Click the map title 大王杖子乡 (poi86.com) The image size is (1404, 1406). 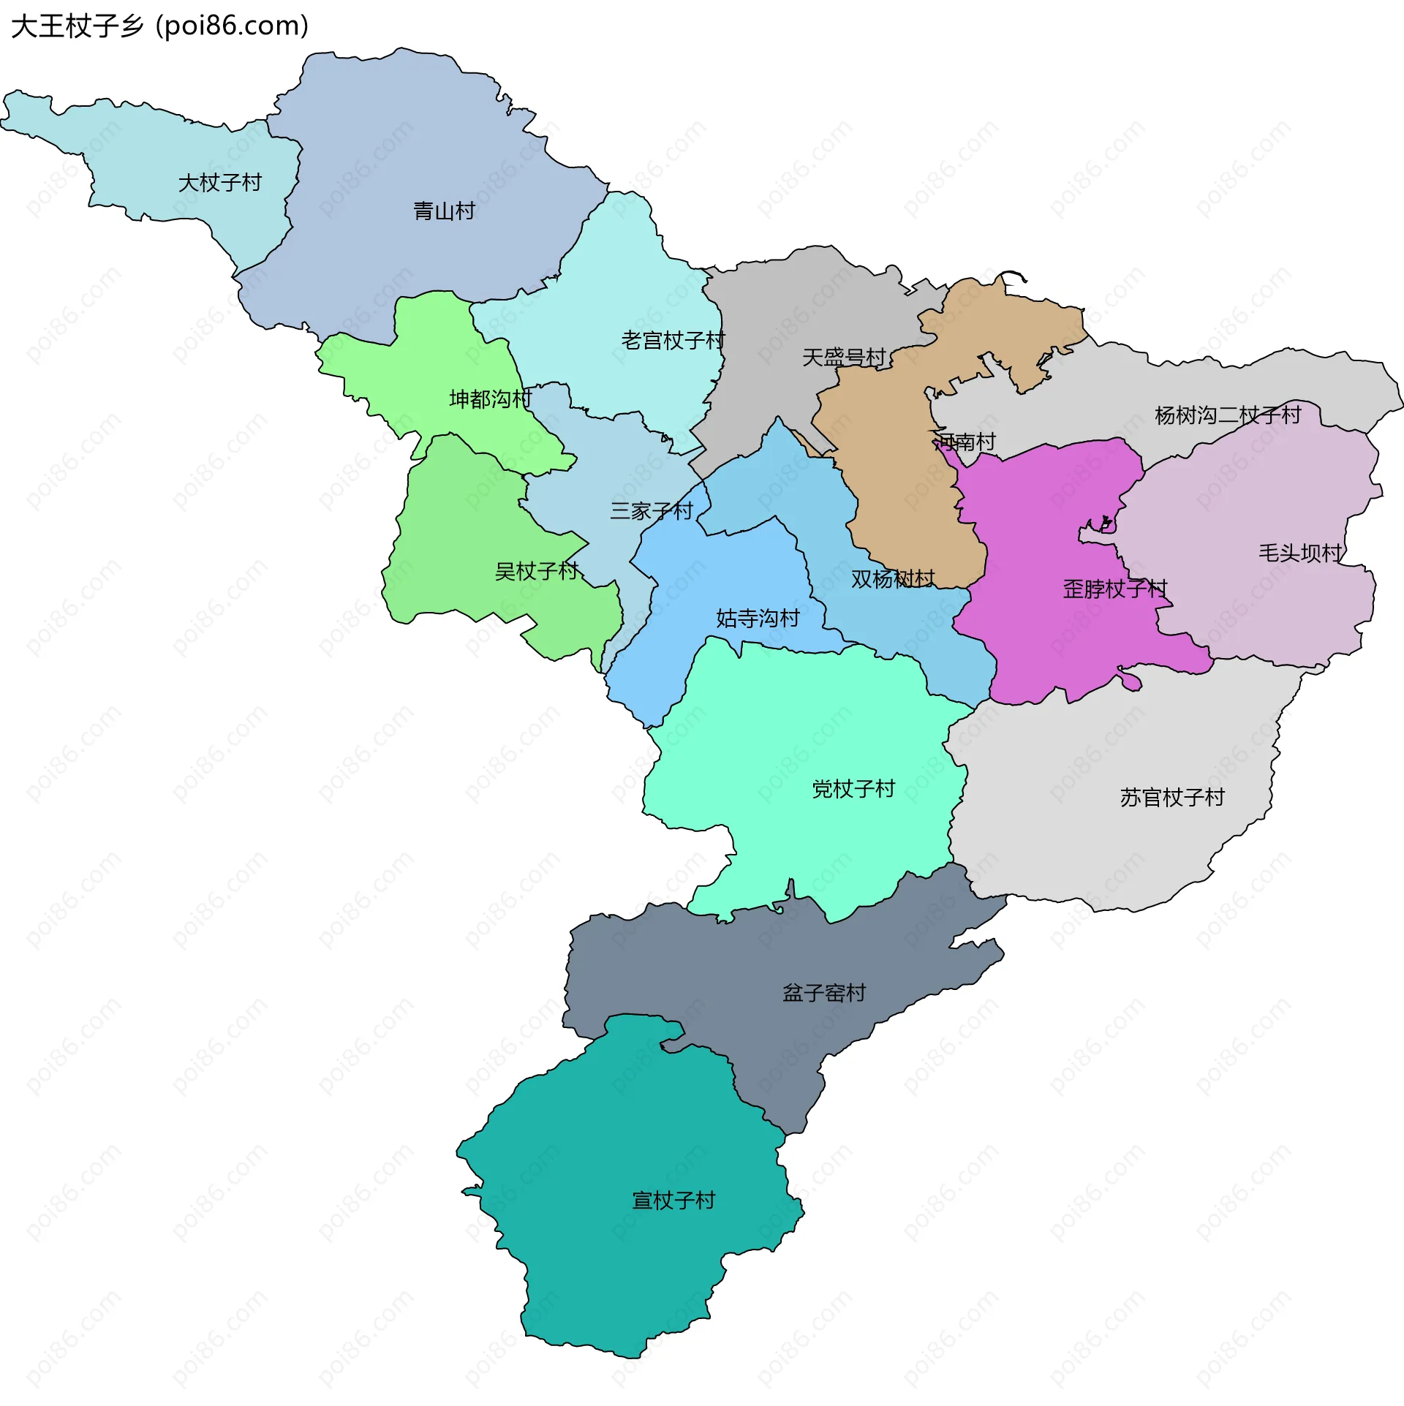tap(159, 26)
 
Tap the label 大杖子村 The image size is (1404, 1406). tap(220, 183)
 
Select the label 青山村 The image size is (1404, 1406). tap(444, 212)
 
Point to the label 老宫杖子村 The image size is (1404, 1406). tap(673, 341)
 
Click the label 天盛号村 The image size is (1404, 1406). tap(844, 358)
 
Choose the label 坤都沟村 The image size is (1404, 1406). tap(490, 399)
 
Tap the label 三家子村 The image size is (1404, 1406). tap(652, 511)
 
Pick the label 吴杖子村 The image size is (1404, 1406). tap(537, 571)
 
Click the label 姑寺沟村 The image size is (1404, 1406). tap(758, 619)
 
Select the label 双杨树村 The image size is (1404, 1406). tap(893, 579)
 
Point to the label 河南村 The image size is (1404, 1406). tap(966, 442)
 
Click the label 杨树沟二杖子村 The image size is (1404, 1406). tap(1228, 415)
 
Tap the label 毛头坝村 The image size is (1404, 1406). tap(1300, 553)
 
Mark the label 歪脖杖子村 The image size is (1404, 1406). tap(1114, 589)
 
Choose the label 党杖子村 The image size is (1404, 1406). tap(853, 789)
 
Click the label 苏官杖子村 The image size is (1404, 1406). tap(1171, 798)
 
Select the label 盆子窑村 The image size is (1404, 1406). tap(824, 993)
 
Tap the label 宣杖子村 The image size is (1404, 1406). tap(673, 1201)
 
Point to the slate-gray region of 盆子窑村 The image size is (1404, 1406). tap(702, 965)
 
